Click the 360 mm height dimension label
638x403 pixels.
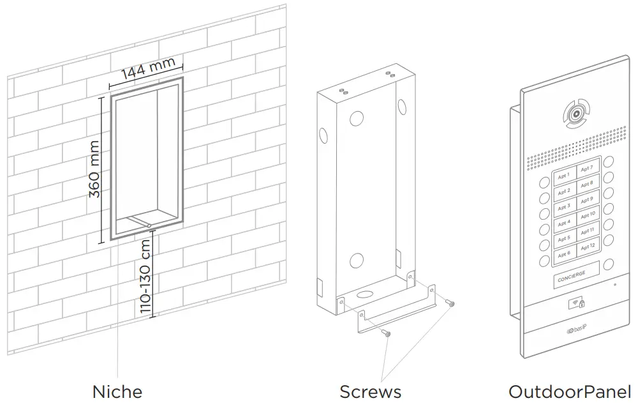tap(94, 169)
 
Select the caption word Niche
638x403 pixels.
tap(117, 391)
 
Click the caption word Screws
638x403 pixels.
tap(370, 391)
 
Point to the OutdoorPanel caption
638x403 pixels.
tap(569, 391)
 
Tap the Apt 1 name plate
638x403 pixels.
tap(563, 176)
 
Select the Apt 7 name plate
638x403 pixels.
tap(587, 169)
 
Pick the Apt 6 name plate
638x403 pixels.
tap(564, 254)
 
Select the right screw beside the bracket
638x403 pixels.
tap(451, 305)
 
